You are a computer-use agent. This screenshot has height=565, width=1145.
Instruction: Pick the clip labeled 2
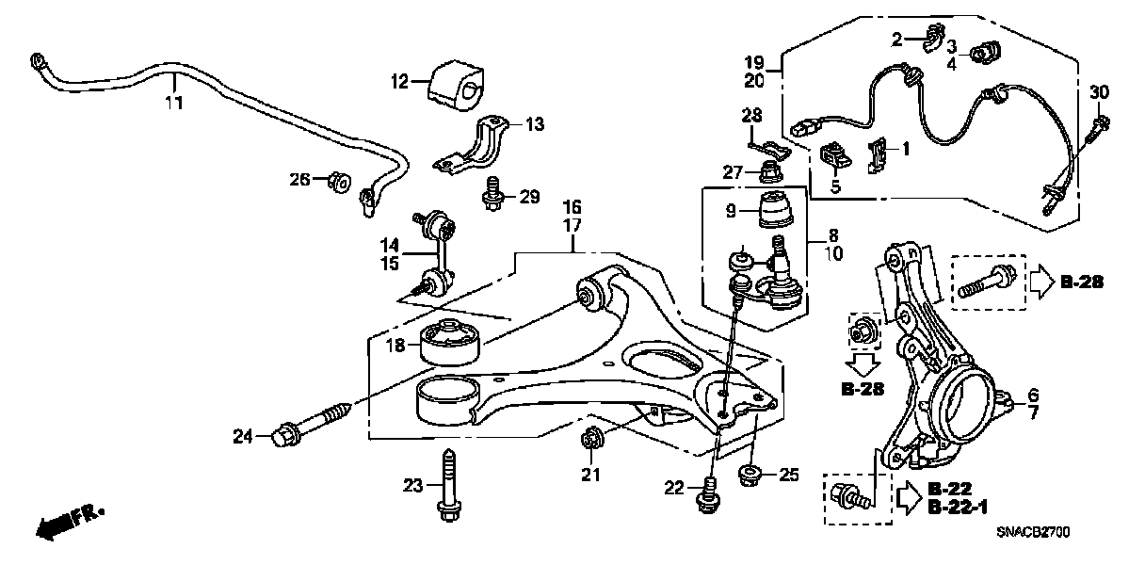coord(931,39)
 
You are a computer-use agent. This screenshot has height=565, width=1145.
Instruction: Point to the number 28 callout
coord(750,116)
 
